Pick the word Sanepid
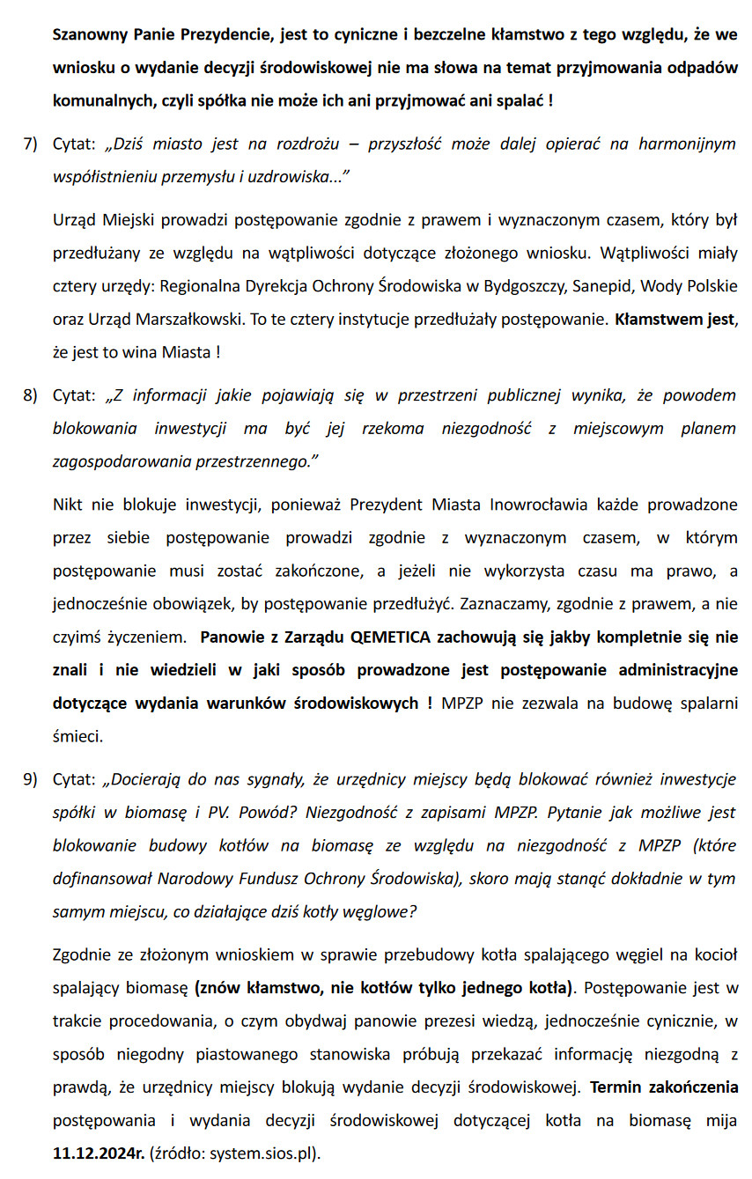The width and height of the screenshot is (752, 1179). pyautogui.click(x=602, y=286)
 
